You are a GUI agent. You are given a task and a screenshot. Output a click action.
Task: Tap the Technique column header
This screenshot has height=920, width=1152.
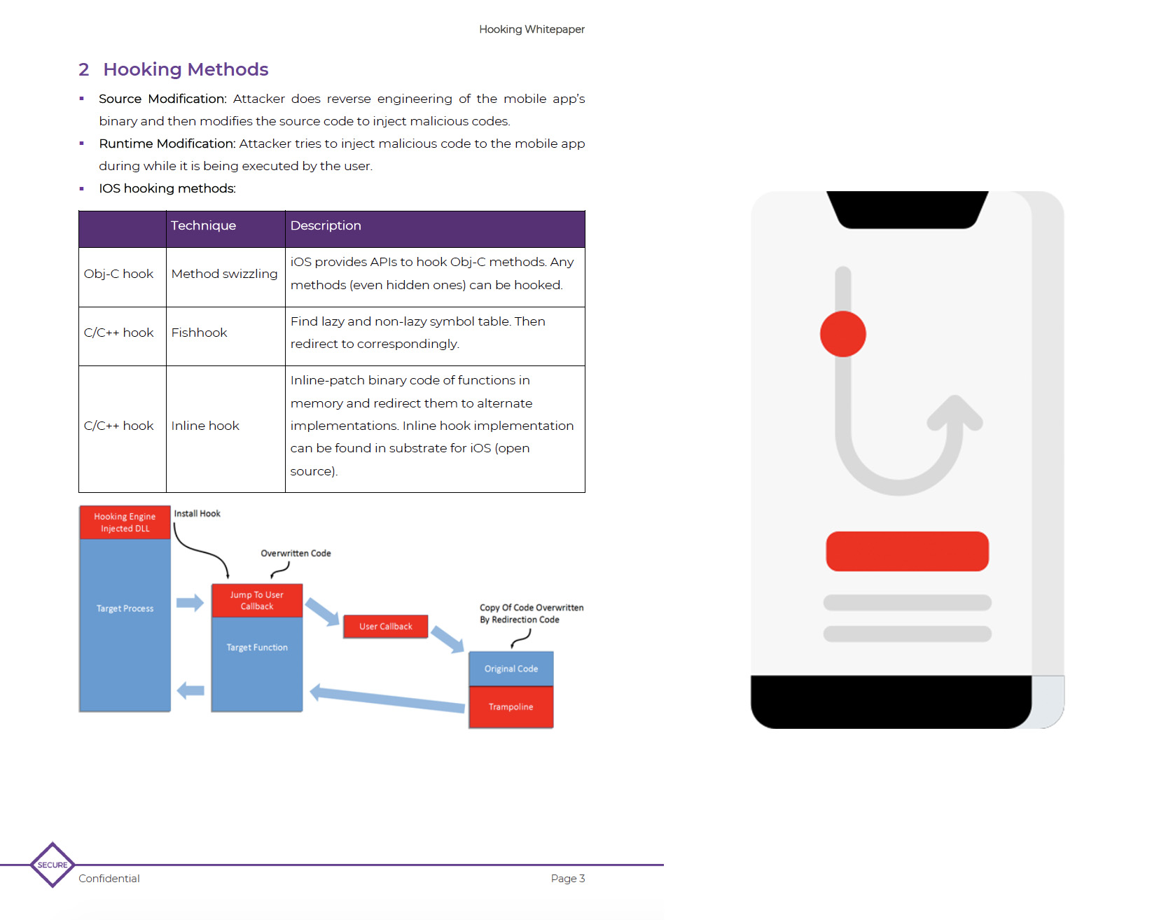pyautogui.click(x=203, y=225)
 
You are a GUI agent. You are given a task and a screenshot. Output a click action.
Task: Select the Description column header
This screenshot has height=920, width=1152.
pyautogui.click(x=326, y=225)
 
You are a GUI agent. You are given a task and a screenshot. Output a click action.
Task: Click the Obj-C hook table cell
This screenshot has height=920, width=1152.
pyautogui.click(x=118, y=274)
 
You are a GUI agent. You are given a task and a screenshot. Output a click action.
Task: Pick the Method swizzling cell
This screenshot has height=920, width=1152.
pyautogui.click(x=224, y=274)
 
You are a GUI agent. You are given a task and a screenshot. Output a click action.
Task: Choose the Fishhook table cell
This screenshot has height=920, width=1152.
pyautogui.click(x=200, y=333)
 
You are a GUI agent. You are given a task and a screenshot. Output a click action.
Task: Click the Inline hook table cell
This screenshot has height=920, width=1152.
pyautogui.click(x=205, y=426)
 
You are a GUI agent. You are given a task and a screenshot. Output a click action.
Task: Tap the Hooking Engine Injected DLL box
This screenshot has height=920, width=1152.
pyautogui.click(x=125, y=522)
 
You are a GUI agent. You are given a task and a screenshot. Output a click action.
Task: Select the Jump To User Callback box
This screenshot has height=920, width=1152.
pyautogui.click(x=257, y=601)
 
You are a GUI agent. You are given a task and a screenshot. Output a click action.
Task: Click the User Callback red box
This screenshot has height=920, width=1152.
pyautogui.click(x=385, y=627)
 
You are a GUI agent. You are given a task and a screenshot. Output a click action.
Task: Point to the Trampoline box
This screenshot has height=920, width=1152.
pyautogui.click(x=511, y=707)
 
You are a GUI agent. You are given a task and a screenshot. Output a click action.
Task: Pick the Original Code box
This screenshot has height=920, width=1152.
pyautogui.click(x=511, y=669)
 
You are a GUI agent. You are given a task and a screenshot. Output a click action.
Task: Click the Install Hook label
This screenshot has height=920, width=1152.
pyautogui.click(x=197, y=514)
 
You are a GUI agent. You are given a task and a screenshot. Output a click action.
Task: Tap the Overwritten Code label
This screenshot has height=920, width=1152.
pyautogui.click(x=296, y=553)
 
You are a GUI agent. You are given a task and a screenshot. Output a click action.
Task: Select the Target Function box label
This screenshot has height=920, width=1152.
pyautogui.click(x=257, y=648)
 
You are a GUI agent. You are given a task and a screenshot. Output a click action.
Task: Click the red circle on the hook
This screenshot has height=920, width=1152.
pyautogui.click(x=842, y=334)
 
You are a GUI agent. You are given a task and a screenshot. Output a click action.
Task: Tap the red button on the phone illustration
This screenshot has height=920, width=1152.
pyautogui.click(x=907, y=551)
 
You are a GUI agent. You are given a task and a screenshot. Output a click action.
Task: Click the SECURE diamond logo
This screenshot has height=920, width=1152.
pyautogui.click(x=53, y=865)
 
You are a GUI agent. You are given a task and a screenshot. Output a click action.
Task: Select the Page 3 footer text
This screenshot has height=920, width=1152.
pyautogui.click(x=567, y=879)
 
